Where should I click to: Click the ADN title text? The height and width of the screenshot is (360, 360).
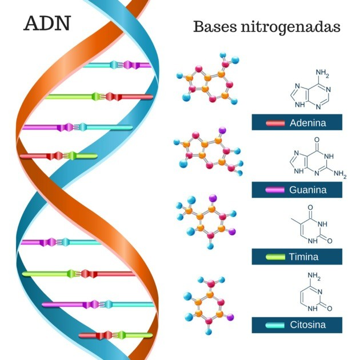(47, 23)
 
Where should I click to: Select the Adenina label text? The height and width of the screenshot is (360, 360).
(307, 123)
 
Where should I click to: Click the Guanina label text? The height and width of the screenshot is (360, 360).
(307, 190)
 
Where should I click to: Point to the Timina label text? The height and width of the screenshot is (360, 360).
(303, 257)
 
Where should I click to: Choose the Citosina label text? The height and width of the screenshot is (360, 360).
(307, 325)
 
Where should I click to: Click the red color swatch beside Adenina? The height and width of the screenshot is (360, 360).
(275, 123)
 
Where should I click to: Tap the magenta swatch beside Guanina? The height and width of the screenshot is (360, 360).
(275, 190)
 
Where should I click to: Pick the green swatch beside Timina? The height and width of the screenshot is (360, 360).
(275, 257)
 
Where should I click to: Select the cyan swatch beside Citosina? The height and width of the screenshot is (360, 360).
(275, 325)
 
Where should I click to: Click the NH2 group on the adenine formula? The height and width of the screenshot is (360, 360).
(322, 73)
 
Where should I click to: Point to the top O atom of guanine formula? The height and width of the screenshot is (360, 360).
(317, 139)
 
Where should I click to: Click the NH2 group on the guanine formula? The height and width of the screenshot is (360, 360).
(340, 174)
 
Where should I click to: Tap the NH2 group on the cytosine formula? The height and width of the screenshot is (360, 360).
(314, 276)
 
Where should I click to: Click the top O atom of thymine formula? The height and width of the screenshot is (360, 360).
(310, 207)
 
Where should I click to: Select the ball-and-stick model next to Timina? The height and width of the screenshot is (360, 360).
(206, 222)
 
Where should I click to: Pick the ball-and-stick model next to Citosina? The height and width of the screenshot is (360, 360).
(209, 305)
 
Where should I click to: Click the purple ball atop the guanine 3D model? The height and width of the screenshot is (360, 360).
(222, 130)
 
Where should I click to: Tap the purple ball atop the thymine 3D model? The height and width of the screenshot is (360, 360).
(213, 198)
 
